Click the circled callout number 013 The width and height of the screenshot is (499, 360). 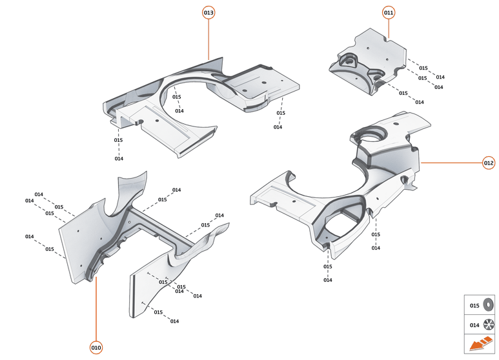pos(209,12)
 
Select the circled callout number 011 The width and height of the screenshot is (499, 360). pos(389,12)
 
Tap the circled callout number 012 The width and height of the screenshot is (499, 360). pos(489,163)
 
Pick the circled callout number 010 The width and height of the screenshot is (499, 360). pos(96,348)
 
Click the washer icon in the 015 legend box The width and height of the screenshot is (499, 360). pos(489,305)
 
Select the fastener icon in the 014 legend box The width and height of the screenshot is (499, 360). pos(489,325)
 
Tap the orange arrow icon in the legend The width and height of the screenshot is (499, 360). pos(481,345)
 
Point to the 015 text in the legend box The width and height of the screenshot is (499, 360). pos(474,305)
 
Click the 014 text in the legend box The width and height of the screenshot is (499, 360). pos(474,325)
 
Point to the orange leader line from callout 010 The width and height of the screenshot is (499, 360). pos(96,310)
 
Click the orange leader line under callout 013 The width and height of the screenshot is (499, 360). pos(209,39)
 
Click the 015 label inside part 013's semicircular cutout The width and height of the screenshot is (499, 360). pos(177,97)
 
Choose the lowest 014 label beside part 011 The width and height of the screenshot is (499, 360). pos(419,102)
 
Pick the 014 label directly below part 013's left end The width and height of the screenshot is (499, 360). pos(119,159)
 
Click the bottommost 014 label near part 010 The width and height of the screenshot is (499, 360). pos(174,321)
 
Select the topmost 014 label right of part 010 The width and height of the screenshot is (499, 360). pos(176,190)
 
